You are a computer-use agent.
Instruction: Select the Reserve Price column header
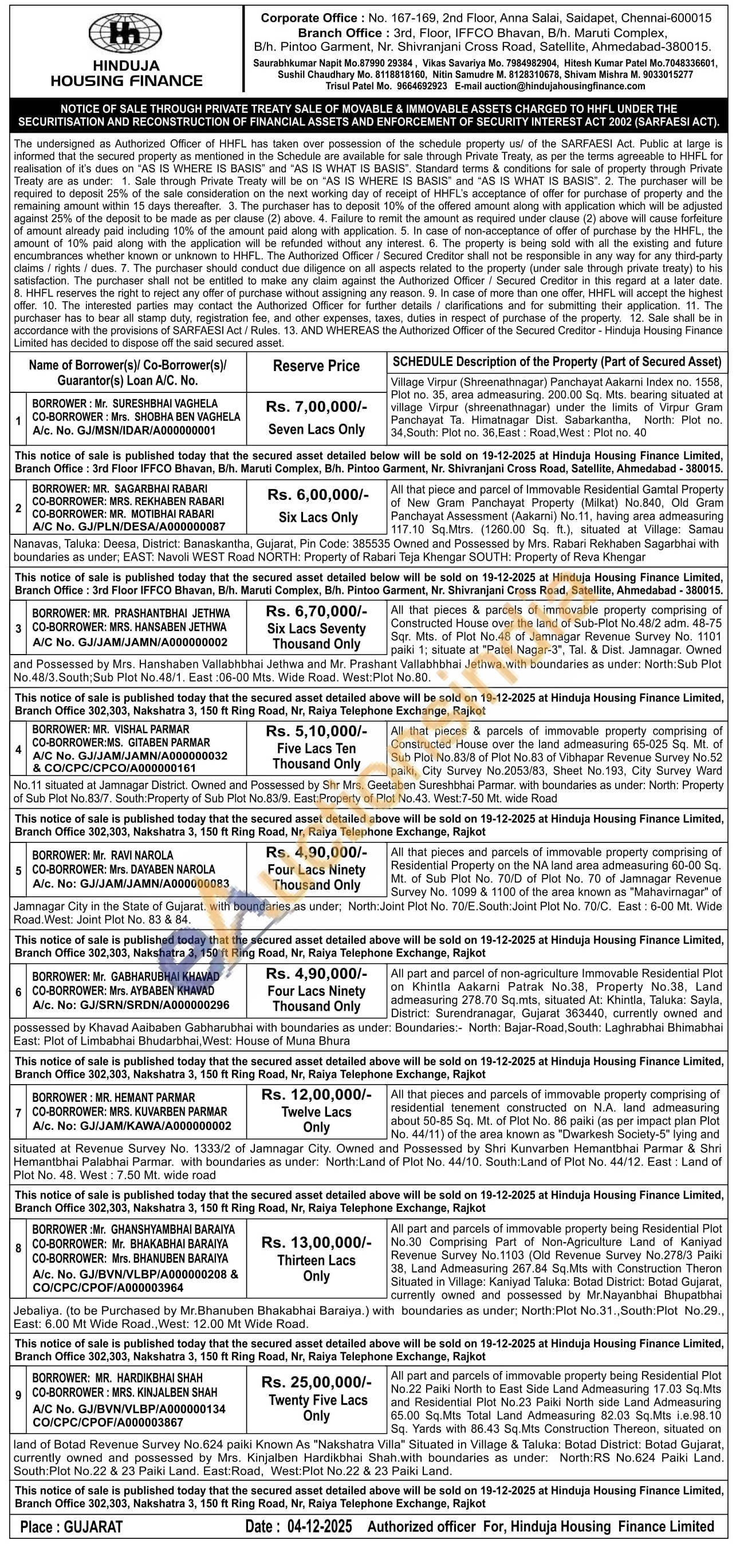[316, 366]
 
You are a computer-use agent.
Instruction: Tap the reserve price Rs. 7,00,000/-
[316, 407]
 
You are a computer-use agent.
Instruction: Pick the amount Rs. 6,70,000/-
[316, 612]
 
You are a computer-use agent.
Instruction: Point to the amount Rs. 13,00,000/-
[316, 1242]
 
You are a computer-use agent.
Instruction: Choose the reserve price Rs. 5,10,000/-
[316, 731]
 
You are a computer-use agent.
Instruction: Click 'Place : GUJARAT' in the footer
[71, 1527]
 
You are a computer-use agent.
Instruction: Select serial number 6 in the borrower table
[19, 992]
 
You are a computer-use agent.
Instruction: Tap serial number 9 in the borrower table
[19, 1395]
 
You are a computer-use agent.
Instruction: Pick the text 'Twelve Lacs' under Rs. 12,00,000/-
[316, 1112]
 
